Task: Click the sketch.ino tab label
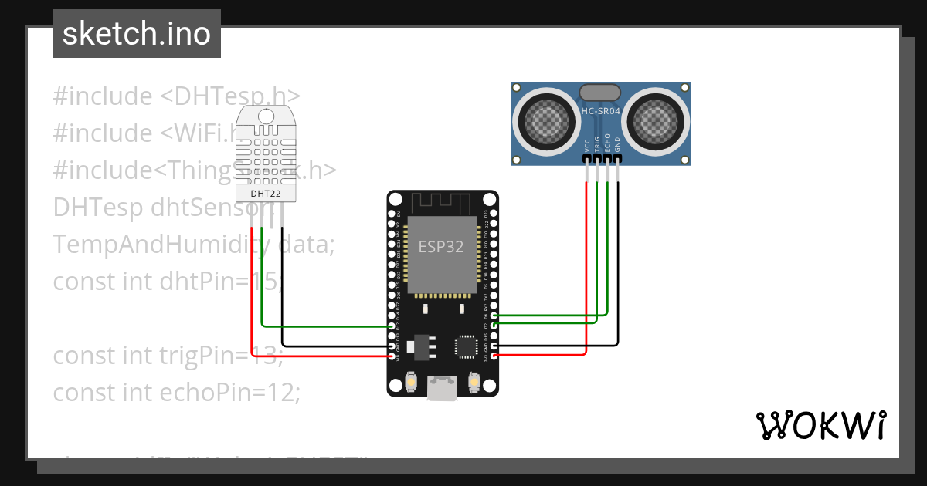pos(137,34)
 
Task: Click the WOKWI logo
pos(820,425)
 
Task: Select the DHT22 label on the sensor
pos(266,193)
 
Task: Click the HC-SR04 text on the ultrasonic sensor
pos(600,112)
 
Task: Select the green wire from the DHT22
pos(324,326)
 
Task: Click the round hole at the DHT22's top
pos(266,116)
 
